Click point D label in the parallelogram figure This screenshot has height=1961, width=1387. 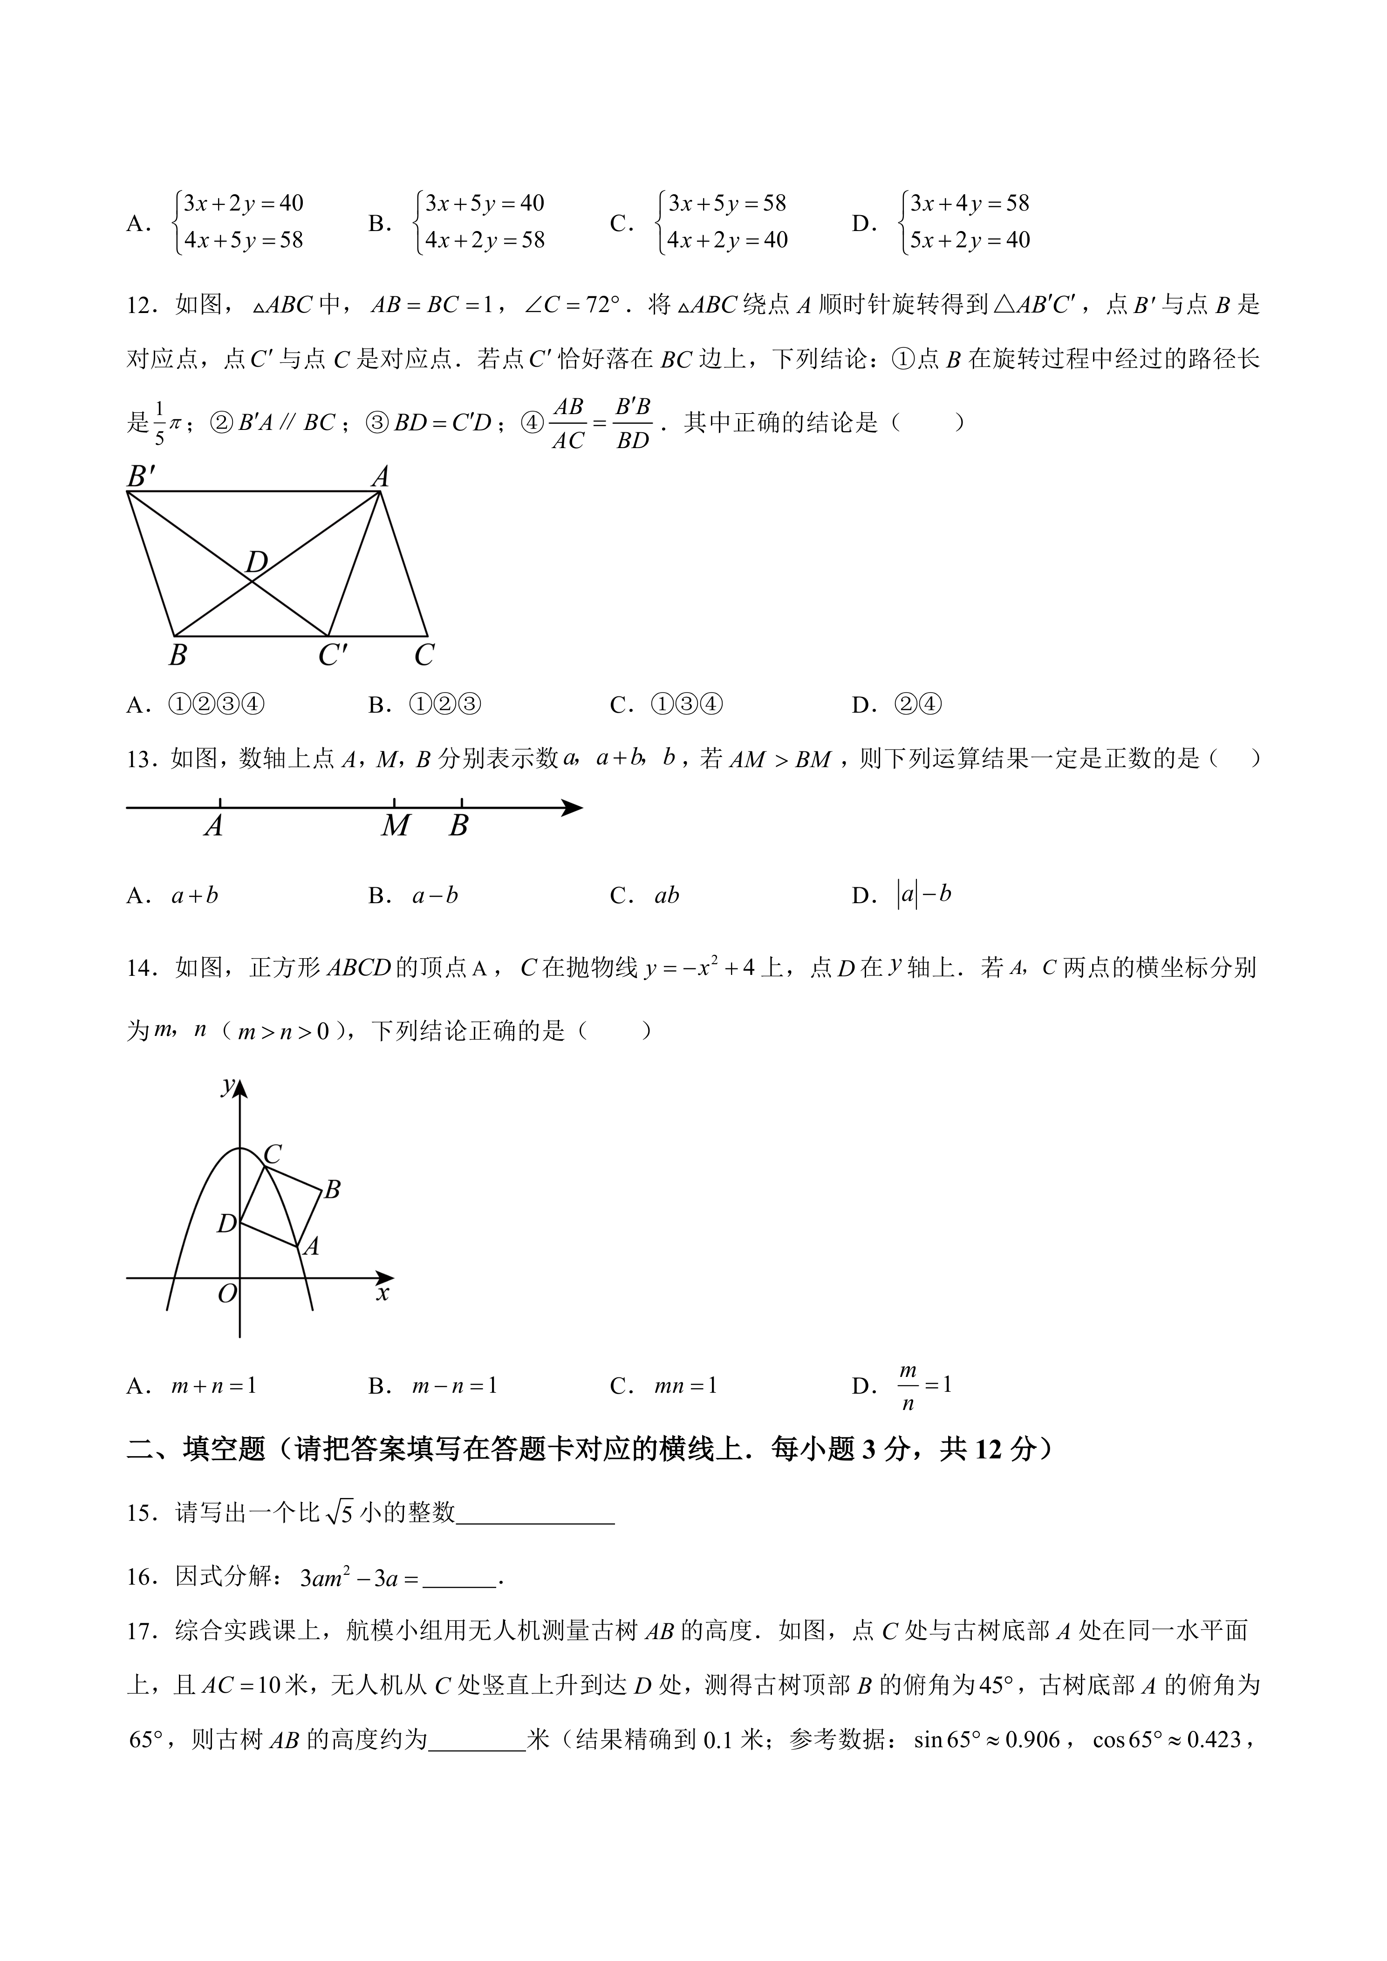pyautogui.click(x=256, y=562)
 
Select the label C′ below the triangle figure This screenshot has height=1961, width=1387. pyautogui.click(x=332, y=655)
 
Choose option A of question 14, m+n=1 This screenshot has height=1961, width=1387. pyautogui.click(x=213, y=1385)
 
